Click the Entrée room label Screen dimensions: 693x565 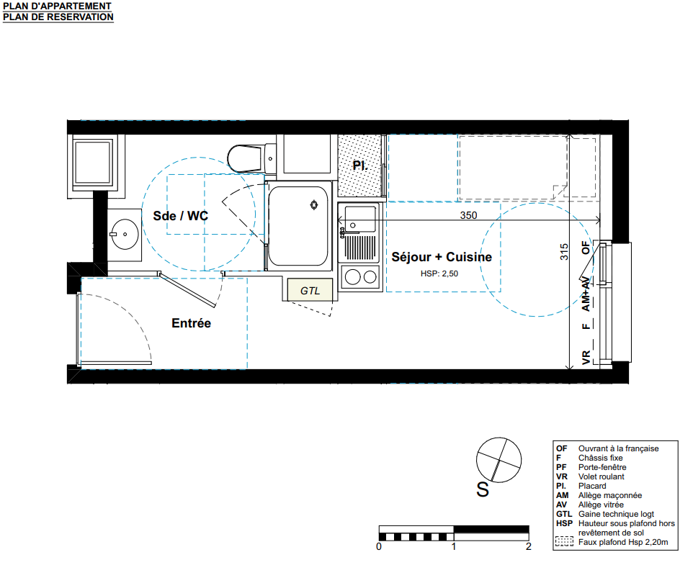tap(191, 323)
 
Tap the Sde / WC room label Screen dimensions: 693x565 tap(180, 216)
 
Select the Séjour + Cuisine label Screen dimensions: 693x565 tap(442, 257)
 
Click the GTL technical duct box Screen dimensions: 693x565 tap(310, 289)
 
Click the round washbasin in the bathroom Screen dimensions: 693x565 tap(125, 234)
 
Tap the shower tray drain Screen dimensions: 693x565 tap(314, 204)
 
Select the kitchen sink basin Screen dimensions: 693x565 tap(360, 219)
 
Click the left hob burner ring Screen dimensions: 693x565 tap(353, 277)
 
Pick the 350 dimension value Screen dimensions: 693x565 tap(468, 215)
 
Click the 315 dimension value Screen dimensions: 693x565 tap(564, 252)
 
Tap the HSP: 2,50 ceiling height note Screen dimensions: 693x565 tap(439, 274)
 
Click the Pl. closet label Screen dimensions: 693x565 tap(360, 166)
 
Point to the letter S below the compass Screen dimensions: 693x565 tap(483, 489)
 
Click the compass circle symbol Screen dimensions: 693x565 tap(499, 460)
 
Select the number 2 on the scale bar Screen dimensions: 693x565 tap(529, 546)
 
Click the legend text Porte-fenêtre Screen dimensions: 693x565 tap(602, 467)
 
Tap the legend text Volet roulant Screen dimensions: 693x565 tap(602, 476)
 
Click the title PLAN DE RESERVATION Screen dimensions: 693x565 tap(58, 17)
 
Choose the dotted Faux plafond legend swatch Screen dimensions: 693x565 tap(564, 541)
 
